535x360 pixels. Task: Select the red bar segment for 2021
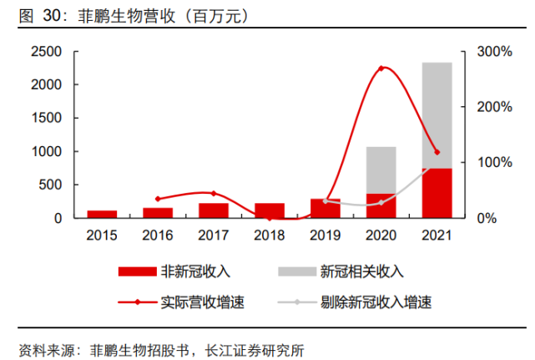[437, 193]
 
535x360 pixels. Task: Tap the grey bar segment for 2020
[381, 170]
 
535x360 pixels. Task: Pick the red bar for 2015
[102, 214]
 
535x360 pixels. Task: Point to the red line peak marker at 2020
[381, 68]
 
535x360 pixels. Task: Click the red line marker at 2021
[437, 152]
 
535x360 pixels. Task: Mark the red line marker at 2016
[158, 199]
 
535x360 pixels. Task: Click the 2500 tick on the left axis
[47, 52]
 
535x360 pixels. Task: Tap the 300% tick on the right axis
[494, 52]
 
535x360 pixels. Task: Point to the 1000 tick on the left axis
[47, 152]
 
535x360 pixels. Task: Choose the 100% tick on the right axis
[494, 163]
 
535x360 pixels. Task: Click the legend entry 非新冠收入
[197, 271]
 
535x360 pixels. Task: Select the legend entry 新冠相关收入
[361, 271]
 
